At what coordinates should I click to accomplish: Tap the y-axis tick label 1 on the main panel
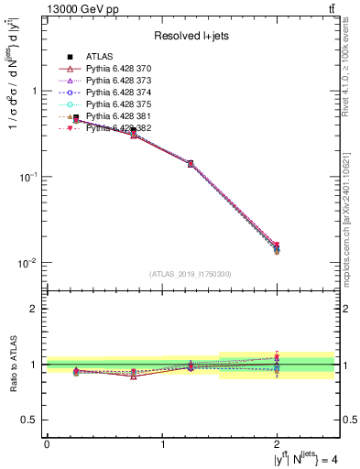(x=34, y=92)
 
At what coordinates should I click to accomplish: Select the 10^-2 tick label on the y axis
(x=29, y=263)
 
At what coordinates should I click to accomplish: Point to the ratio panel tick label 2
(x=34, y=309)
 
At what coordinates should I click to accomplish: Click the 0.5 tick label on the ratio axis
(x=29, y=420)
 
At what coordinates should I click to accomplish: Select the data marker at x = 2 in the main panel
(x=277, y=247)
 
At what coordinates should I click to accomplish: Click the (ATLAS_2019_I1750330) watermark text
(x=191, y=274)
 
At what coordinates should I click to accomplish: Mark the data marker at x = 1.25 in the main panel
(x=191, y=164)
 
